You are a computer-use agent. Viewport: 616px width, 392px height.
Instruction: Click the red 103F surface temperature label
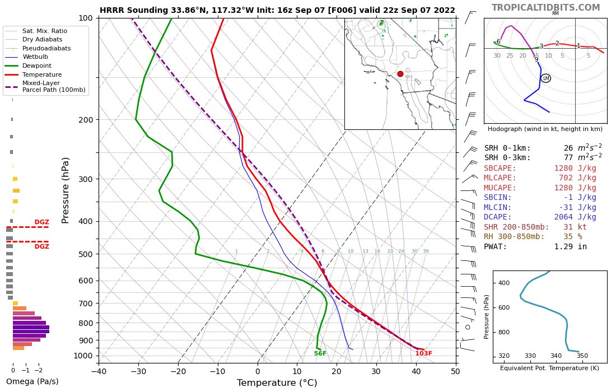point(423,353)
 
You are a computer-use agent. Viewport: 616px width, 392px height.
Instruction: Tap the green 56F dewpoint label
point(320,353)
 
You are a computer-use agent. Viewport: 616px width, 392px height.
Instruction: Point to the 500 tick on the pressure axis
point(86,254)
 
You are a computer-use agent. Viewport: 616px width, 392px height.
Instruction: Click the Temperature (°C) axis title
point(277,383)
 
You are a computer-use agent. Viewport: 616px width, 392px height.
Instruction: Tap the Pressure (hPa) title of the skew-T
point(66,190)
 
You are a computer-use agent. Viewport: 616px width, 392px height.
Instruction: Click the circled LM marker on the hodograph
point(545,78)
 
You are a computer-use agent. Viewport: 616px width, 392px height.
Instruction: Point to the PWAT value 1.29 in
point(570,246)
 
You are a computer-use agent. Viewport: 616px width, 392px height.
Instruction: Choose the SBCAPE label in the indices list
point(500,168)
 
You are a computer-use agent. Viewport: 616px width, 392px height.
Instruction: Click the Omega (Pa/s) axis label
point(32,382)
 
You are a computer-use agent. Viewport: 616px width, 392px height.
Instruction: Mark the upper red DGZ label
point(41,222)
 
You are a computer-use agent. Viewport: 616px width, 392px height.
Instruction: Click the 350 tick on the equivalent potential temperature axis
point(582,356)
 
